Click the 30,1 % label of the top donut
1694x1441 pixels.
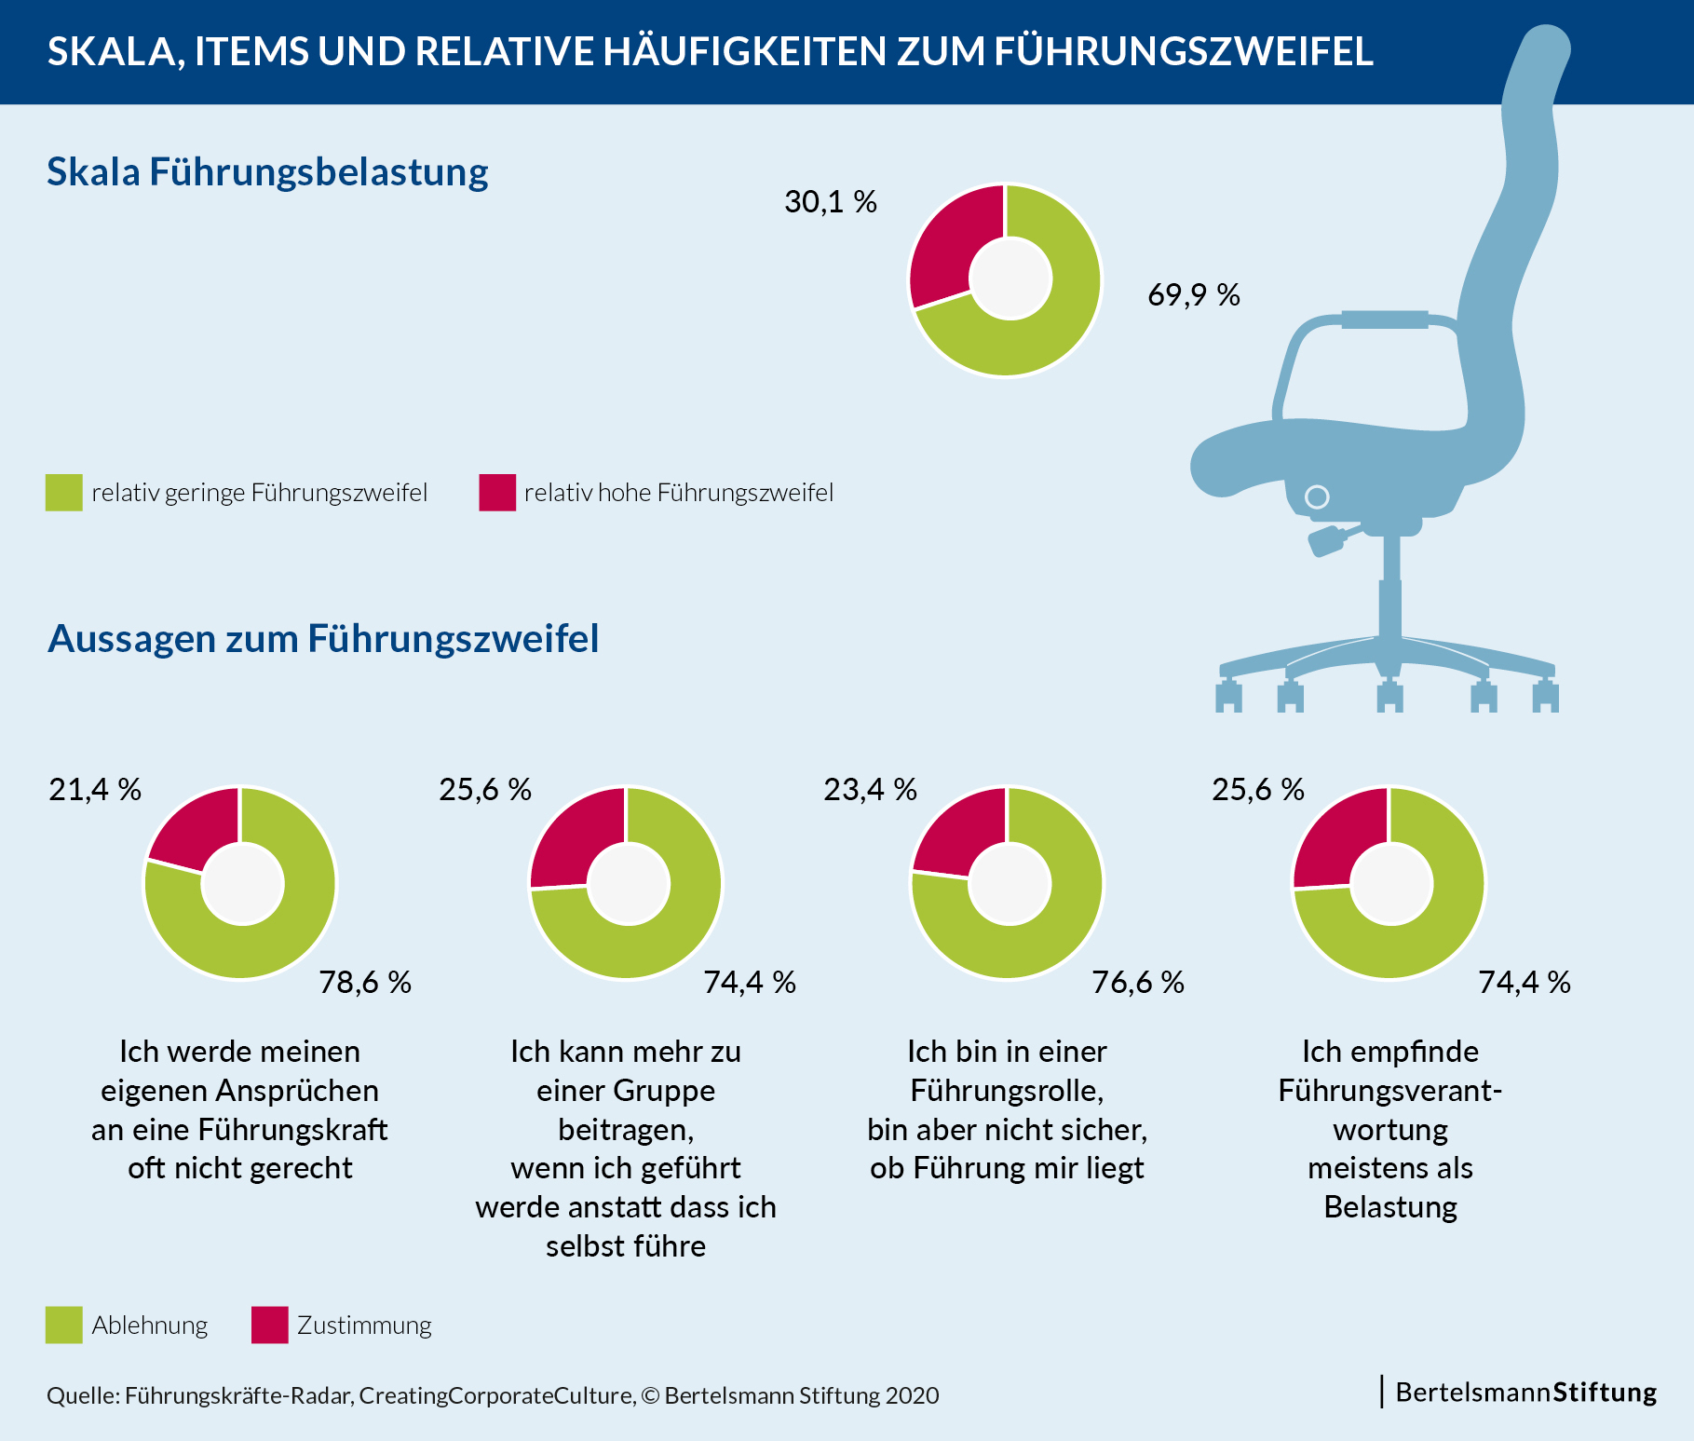[x=830, y=202]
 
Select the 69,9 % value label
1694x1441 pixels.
[x=1193, y=295]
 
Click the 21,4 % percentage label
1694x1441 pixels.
[x=95, y=790]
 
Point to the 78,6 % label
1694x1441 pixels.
[x=365, y=983]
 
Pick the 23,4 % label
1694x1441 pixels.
[x=870, y=790]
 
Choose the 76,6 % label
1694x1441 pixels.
[x=1138, y=983]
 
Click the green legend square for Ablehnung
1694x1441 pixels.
[x=63, y=1325]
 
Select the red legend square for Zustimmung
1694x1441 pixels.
[x=269, y=1325]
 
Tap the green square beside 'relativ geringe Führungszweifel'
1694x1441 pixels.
[x=63, y=493]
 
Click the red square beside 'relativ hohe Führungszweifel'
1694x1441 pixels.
[x=497, y=493]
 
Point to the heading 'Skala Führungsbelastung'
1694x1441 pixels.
[x=267, y=172]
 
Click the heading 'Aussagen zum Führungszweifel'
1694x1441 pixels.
[x=323, y=639]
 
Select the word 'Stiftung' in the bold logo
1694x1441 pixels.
[x=1605, y=1393]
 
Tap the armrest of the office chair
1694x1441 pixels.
[x=1384, y=320]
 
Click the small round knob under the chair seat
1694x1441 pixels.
[x=1317, y=496]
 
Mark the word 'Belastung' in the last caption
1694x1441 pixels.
[x=1390, y=1207]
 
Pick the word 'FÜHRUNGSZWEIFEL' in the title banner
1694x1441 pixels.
[x=1184, y=51]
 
